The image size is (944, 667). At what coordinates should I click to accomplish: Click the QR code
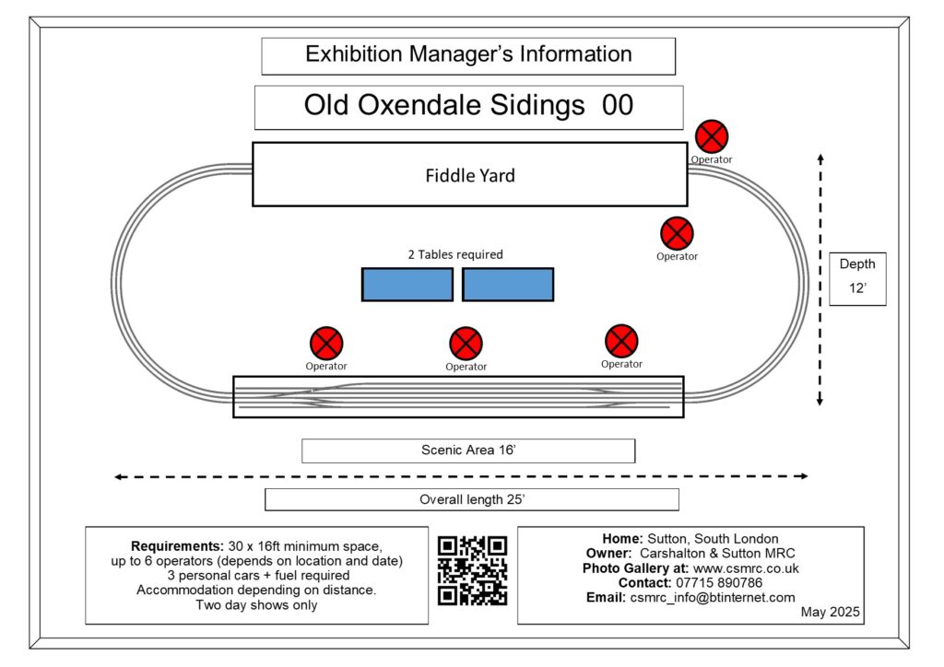[x=473, y=571]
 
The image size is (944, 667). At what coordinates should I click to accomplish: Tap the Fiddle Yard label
[x=470, y=176]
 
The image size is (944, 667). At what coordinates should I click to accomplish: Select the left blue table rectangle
[x=407, y=285]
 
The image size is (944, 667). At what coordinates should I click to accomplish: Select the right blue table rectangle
[x=508, y=285]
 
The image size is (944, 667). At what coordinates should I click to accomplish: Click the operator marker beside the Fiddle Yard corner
[x=712, y=136]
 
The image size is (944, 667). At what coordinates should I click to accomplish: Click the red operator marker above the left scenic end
[x=326, y=344]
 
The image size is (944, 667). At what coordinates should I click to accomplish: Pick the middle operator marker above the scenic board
[x=466, y=344]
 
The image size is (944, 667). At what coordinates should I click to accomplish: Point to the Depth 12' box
[x=857, y=279]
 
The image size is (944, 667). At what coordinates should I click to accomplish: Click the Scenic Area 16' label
[x=468, y=451]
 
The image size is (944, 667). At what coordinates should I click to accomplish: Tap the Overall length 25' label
[x=472, y=500]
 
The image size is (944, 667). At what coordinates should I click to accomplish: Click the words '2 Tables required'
[x=455, y=254]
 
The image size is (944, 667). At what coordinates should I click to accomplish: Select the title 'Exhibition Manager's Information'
[x=468, y=54]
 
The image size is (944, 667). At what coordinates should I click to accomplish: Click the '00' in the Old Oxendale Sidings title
[x=618, y=105]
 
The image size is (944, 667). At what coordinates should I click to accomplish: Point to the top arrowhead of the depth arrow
[x=820, y=158]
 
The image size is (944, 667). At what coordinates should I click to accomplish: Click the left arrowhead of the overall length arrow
[x=119, y=477]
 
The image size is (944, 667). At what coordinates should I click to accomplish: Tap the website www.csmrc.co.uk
[x=746, y=568]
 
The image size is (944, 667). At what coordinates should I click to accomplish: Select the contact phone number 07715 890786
[x=719, y=583]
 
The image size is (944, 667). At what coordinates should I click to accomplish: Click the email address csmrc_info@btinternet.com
[x=713, y=598]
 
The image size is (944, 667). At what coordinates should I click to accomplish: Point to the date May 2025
[x=831, y=613]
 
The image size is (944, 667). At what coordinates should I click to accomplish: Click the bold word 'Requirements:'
[x=178, y=546]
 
